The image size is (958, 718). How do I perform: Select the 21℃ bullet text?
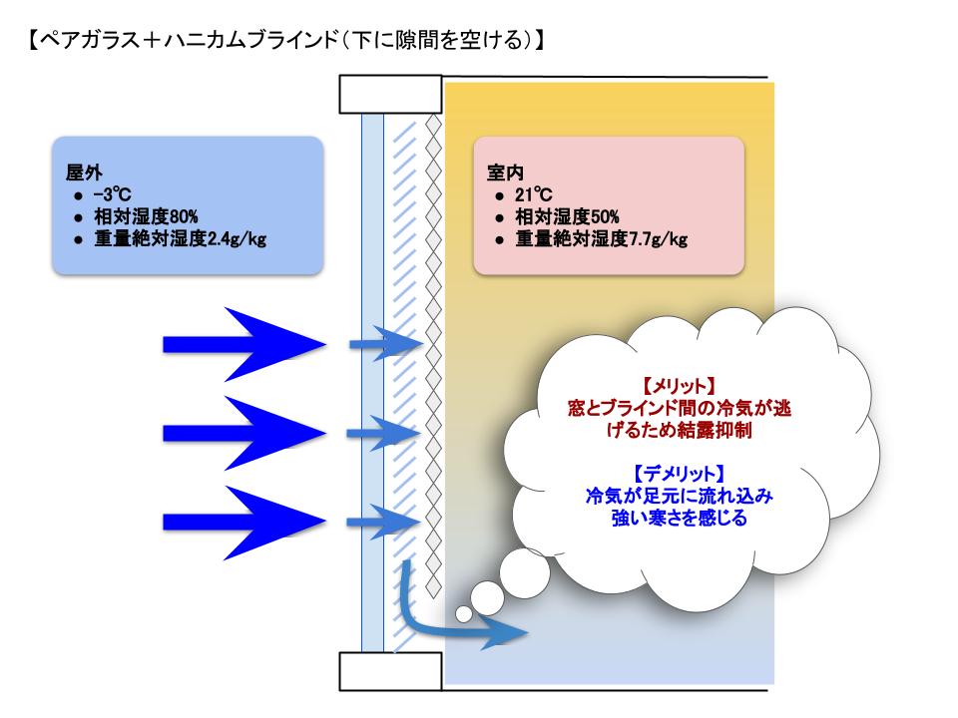click(x=539, y=196)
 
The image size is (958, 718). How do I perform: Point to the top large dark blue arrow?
click(x=244, y=344)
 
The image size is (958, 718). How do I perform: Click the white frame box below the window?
click(x=391, y=672)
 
